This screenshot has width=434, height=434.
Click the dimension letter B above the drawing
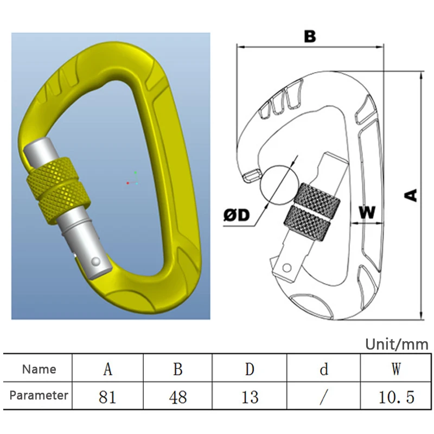coord(310,36)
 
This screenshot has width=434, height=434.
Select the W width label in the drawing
coord(367,213)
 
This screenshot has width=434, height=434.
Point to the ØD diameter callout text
coord(237,215)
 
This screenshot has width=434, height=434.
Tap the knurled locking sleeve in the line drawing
coord(312,212)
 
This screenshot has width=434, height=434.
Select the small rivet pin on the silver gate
coord(96,261)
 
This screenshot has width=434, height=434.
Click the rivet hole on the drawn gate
coord(287,267)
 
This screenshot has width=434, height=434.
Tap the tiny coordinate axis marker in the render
coord(132,179)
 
